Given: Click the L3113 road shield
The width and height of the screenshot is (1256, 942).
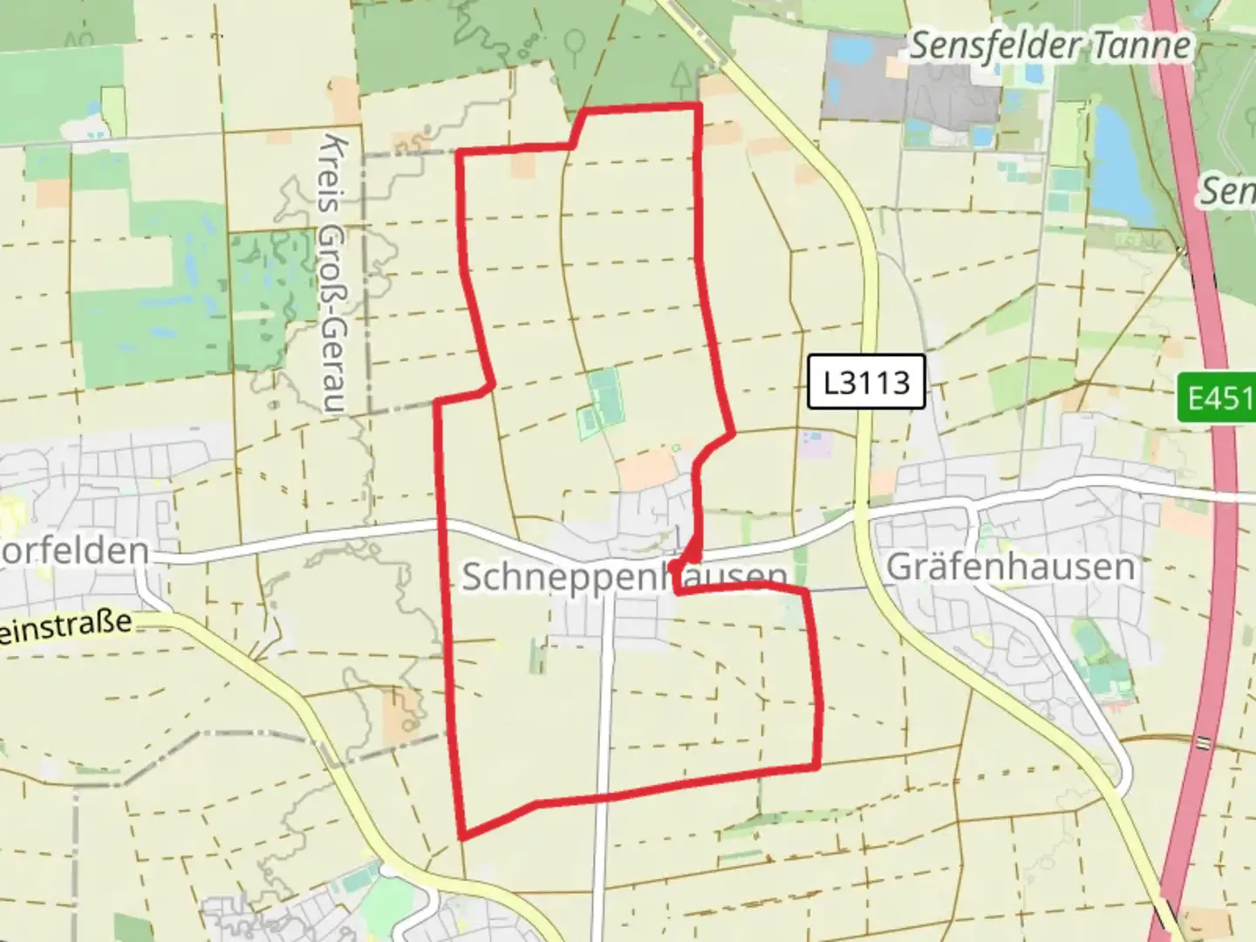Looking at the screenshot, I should (866, 381).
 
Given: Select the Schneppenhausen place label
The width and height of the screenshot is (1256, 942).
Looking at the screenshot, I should (623, 576).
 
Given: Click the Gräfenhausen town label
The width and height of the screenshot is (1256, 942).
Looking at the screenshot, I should (1010, 567).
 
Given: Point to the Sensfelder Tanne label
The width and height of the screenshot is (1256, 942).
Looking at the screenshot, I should (1050, 45).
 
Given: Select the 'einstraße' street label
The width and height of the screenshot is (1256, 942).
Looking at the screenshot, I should (65, 626).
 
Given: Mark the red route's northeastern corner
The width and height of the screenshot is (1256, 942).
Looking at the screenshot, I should (699, 106).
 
